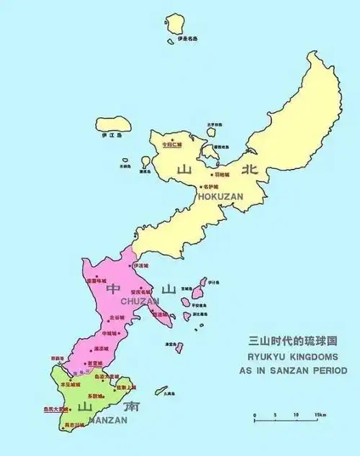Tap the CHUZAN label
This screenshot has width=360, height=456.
point(140,301)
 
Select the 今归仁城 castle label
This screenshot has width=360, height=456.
point(173,144)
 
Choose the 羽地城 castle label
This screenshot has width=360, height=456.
point(221,174)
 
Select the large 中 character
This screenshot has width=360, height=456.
point(113,289)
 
